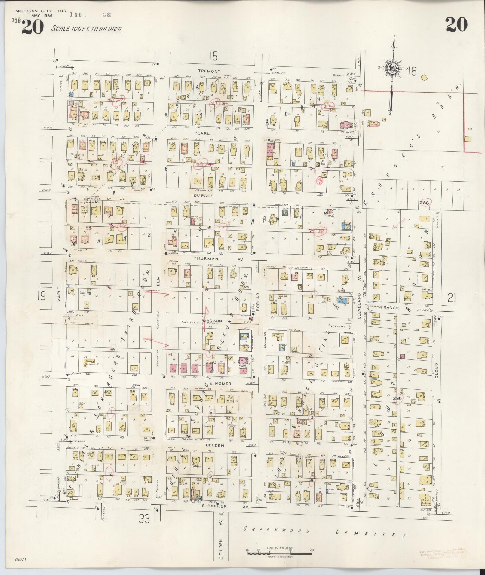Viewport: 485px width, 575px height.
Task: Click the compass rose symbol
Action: coord(392,68)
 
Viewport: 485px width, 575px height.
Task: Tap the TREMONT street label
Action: coord(209,72)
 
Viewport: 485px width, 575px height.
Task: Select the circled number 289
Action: coord(397,398)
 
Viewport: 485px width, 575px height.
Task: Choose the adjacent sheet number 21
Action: coord(452,299)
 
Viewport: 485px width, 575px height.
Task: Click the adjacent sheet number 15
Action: coord(213,56)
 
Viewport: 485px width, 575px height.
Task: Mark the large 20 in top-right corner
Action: coord(456,25)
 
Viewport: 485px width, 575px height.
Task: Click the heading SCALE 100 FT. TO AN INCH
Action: coord(86,29)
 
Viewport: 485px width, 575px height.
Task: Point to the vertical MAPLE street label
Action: coord(59,295)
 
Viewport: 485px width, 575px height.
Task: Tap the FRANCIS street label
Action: coord(390,307)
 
